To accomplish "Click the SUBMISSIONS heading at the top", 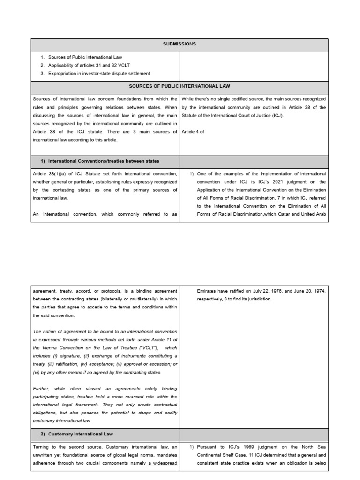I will click(x=180, y=44).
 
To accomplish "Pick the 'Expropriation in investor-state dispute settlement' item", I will click(x=99, y=73).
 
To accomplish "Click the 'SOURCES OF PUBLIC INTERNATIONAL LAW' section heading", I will click(x=180, y=87).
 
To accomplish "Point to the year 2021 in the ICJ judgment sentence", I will click(x=276, y=182).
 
